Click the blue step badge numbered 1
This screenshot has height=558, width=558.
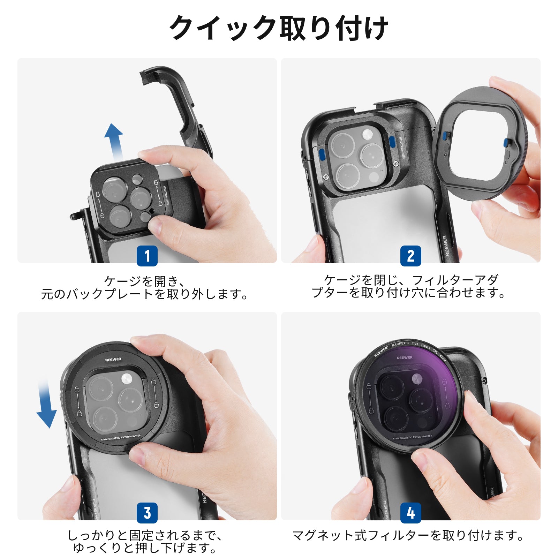click(147, 256)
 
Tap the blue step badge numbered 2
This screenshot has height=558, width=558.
click(410, 256)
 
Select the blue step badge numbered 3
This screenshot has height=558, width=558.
click(147, 513)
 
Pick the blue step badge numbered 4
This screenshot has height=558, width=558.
click(410, 513)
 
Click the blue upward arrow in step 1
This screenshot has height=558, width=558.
click(114, 139)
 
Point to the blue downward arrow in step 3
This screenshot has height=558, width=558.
click(46, 406)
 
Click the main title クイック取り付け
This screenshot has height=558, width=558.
click(279, 28)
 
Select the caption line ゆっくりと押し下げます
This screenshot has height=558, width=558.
click(145, 548)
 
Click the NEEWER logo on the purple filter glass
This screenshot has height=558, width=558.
click(405, 357)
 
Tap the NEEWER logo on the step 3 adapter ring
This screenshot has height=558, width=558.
click(113, 359)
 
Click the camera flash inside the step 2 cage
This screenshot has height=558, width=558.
click(367, 134)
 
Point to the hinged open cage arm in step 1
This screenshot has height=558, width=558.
click(178, 105)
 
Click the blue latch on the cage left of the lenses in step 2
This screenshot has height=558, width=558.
click(322, 154)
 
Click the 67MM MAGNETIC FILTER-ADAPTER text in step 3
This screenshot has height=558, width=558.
click(121, 438)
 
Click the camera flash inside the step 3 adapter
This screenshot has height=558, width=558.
click(126, 378)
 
